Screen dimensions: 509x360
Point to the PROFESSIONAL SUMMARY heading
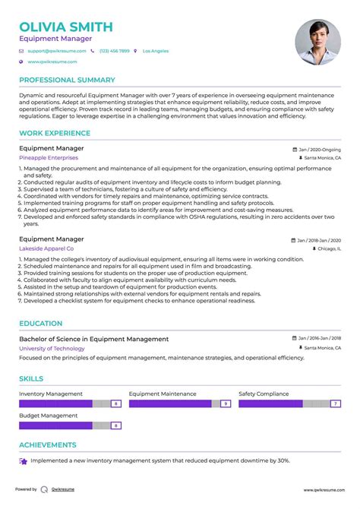(67, 80)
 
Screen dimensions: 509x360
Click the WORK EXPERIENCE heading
(55, 134)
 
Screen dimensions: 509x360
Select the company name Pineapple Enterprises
(48, 158)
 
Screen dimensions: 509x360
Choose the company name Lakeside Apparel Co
(46, 248)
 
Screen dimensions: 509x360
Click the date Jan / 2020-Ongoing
(320, 150)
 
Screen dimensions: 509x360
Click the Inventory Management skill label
(50, 394)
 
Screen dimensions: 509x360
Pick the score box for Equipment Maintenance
(225, 404)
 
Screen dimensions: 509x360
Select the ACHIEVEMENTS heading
(48, 445)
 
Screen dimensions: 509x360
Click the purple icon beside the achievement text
(24, 461)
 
